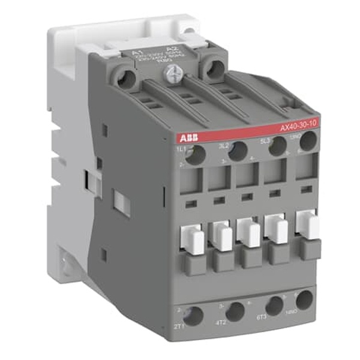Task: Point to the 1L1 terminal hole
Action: (194, 154)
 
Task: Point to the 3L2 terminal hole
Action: (238, 151)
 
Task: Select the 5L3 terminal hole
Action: (277, 146)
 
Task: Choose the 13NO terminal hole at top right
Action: (308, 141)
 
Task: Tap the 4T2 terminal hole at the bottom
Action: (235, 310)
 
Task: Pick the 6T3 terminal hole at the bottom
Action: (275, 304)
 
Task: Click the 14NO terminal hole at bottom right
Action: (305, 299)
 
